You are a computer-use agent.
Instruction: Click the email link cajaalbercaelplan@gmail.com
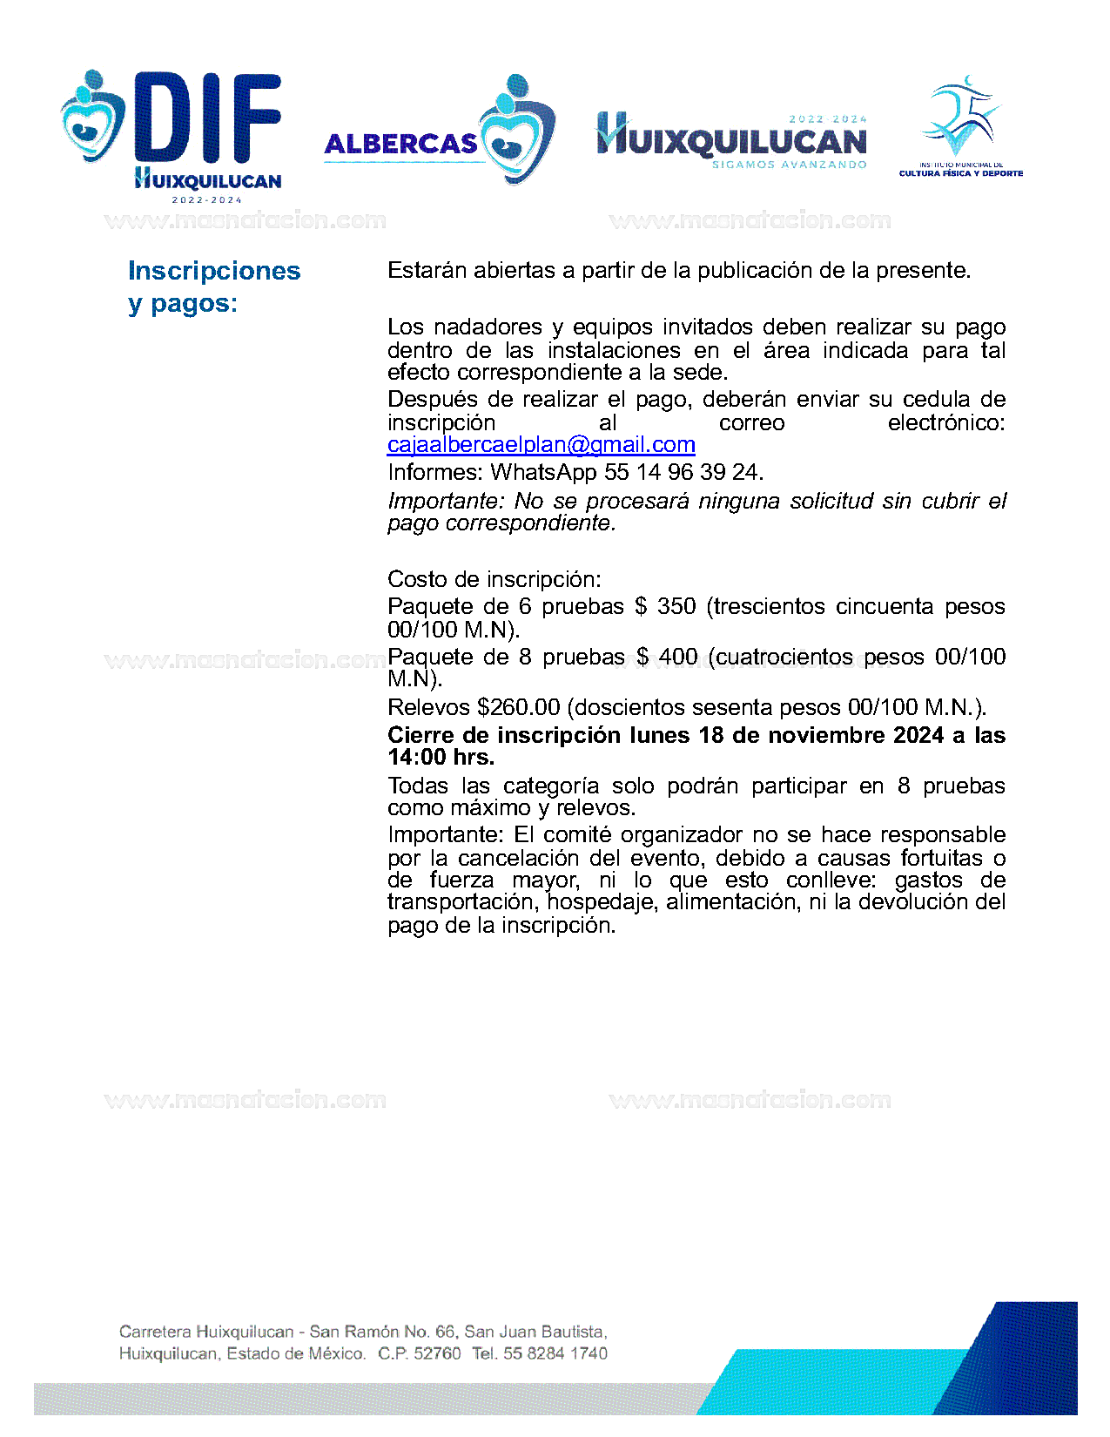(x=541, y=445)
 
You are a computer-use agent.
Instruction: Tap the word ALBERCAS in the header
(x=400, y=144)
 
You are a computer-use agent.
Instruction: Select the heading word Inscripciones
(x=214, y=271)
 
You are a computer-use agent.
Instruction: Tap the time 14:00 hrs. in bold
(x=441, y=757)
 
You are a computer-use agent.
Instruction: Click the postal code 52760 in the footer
(x=437, y=1353)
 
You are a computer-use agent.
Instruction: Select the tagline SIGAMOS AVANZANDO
(x=789, y=165)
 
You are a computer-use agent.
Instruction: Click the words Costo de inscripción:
(x=494, y=579)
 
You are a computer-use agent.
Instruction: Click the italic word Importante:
(x=446, y=502)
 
